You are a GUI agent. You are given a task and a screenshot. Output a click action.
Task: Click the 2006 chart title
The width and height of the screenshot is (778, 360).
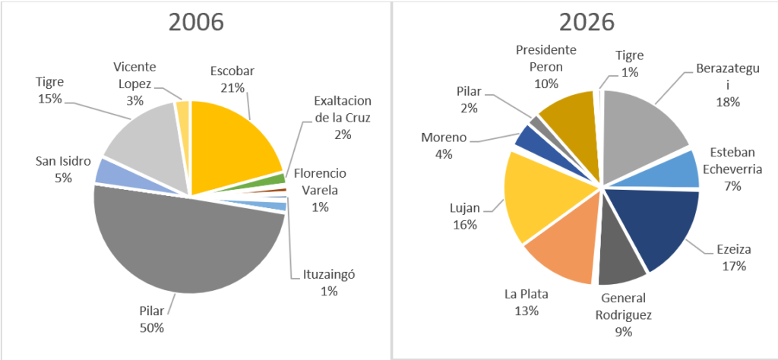click(x=196, y=23)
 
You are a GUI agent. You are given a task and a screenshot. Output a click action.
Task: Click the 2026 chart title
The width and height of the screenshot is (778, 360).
click(x=586, y=23)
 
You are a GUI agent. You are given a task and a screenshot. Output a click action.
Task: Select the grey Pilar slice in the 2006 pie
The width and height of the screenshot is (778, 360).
click(x=182, y=243)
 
